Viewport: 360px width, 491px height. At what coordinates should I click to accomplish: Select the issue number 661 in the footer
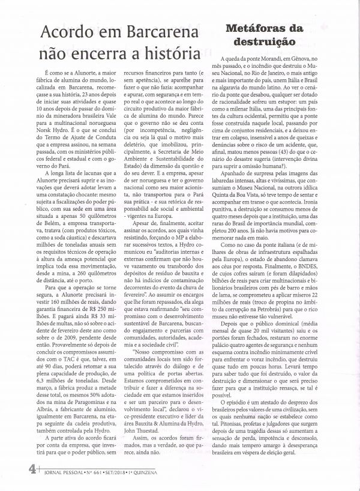click(95, 482)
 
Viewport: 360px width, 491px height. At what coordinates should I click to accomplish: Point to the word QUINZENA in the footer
click(157, 482)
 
